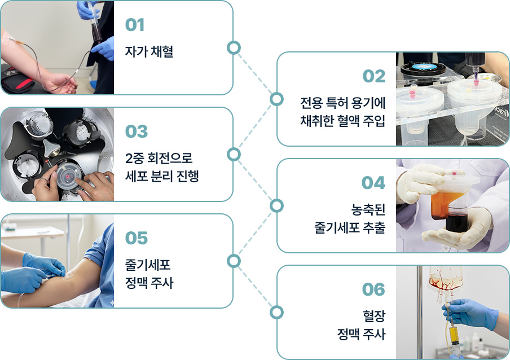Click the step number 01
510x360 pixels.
click(x=135, y=25)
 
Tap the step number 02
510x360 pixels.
click(x=373, y=77)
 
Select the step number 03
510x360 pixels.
click(x=136, y=131)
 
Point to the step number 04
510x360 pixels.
click(x=373, y=183)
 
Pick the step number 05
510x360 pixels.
click(x=136, y=238)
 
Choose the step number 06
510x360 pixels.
click(x=373, y=289)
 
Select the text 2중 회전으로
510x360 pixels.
click(x=159, y=158)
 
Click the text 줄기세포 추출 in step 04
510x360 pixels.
click(x=350, y=228)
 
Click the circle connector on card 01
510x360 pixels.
click(x=233, y=47)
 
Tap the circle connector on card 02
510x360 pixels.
click(x=276, y=99)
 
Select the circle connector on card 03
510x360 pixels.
click(x=233, y=154)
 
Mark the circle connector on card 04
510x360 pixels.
click(x=276, y=205)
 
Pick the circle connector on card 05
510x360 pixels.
click(x=233, y=261)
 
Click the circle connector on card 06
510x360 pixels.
click(x=276, y=312)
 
